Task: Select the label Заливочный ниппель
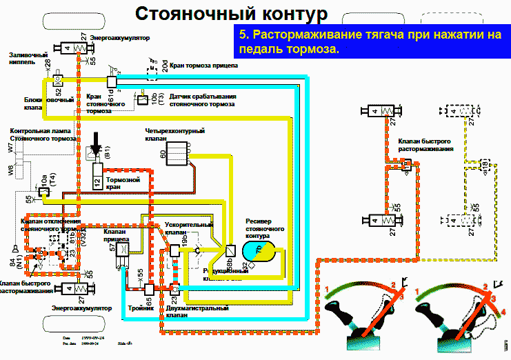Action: [x=28, y=58]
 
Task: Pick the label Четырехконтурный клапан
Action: [x=165, y=134]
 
